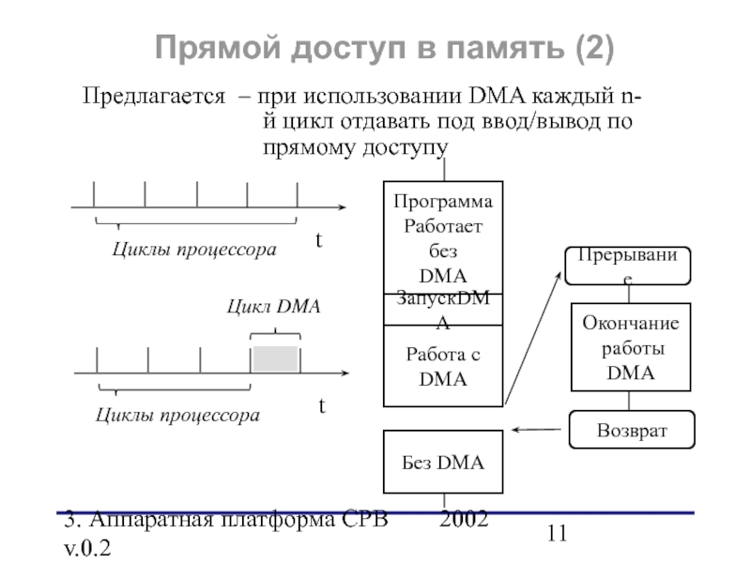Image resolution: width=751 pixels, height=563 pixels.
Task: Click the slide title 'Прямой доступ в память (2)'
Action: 384,47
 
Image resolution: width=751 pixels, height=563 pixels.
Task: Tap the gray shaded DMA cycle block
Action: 274,359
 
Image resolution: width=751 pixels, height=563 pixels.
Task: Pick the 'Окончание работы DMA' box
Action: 631,347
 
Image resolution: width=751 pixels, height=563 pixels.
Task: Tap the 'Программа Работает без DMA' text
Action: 444,239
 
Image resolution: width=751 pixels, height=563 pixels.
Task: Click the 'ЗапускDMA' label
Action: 444,307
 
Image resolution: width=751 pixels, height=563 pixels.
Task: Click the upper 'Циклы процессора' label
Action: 194,251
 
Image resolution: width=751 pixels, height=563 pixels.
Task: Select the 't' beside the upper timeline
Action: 318,241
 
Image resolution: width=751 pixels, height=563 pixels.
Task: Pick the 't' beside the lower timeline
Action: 321,406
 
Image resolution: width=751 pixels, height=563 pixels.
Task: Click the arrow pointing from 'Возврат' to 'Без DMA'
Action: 539,431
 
